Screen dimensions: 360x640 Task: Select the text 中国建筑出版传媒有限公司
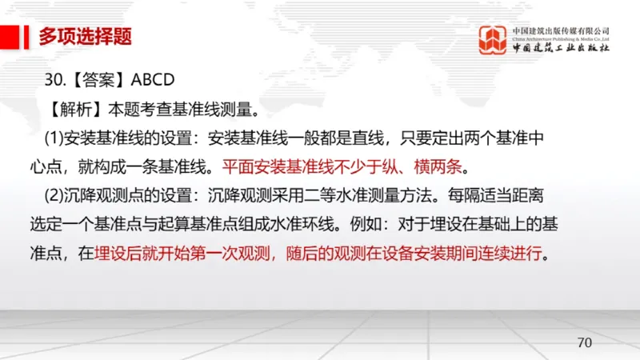[x=561, y=29]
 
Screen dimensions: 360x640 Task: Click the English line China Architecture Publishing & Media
[x=561, y=38]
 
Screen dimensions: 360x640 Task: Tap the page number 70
[x=584, y=342]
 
